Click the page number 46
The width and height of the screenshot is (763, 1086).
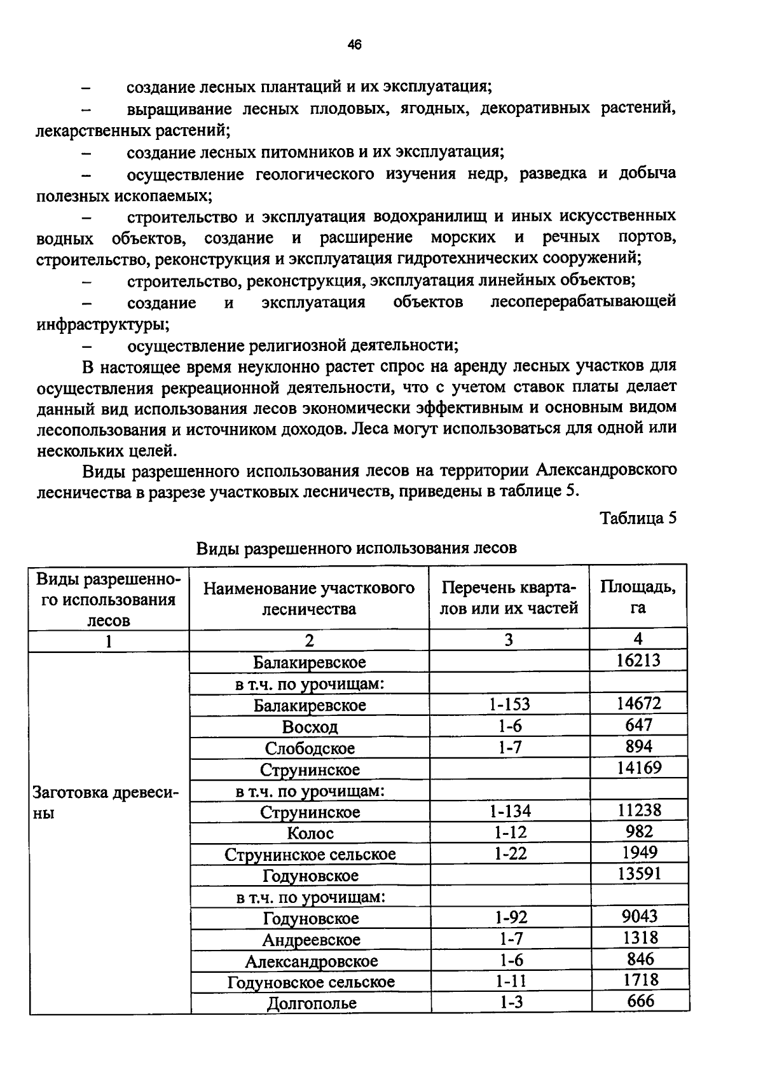click(x=354, y=45)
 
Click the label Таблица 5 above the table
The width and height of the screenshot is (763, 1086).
click(x=638, y=518)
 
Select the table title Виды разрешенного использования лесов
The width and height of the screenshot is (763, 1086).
click(x=356, y=548)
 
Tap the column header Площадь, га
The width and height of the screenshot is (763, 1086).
click(x=638, y=597)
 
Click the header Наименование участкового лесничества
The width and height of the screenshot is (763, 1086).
click(x=309, y=598)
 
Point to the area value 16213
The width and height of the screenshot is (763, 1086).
click(x=638, y=660)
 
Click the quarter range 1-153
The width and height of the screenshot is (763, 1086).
click(x=509, y=704)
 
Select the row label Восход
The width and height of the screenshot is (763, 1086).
click(x=310, y=727)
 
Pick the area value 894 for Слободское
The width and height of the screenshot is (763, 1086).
click(x=638, y=746)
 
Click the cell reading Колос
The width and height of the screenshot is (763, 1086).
click(x=310, y=833)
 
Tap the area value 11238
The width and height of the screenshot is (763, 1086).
click(x=639, y=810)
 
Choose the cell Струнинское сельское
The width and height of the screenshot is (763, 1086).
click(x=310, y=855)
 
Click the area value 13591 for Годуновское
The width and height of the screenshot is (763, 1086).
click(x=639, y=874)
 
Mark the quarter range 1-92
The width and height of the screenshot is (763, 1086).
click(x=511, y=917)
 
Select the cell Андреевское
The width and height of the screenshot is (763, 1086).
click(x=311, y=940)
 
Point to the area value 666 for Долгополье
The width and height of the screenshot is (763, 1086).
click(x=640, y=1001)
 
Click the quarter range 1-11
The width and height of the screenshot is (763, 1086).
click(x=511, y=981)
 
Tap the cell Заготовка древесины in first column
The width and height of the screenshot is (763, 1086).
click(x=105, y=802)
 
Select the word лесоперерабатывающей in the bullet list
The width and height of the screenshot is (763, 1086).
click(x=582, y=301)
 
